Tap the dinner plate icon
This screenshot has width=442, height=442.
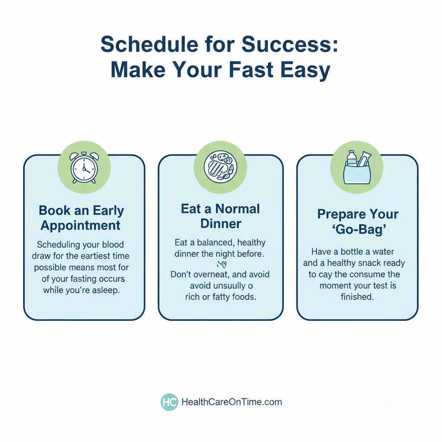pos(221,167)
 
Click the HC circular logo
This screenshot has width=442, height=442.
pos(169,402)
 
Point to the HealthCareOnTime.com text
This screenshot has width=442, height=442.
pos(231,402)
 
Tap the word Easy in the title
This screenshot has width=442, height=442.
pos(307,70)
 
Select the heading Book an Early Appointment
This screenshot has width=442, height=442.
pos(82,218)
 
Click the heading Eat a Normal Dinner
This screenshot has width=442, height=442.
pos(220,216)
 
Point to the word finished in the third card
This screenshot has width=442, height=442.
pos(358,297)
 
